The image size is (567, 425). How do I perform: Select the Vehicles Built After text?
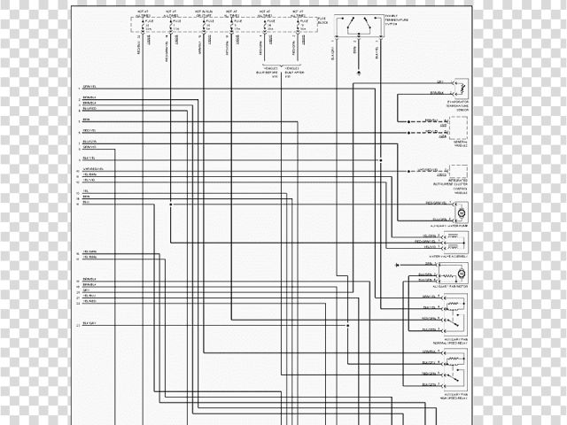(295, 72)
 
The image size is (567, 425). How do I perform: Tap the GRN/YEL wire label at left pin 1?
(89, 86)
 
